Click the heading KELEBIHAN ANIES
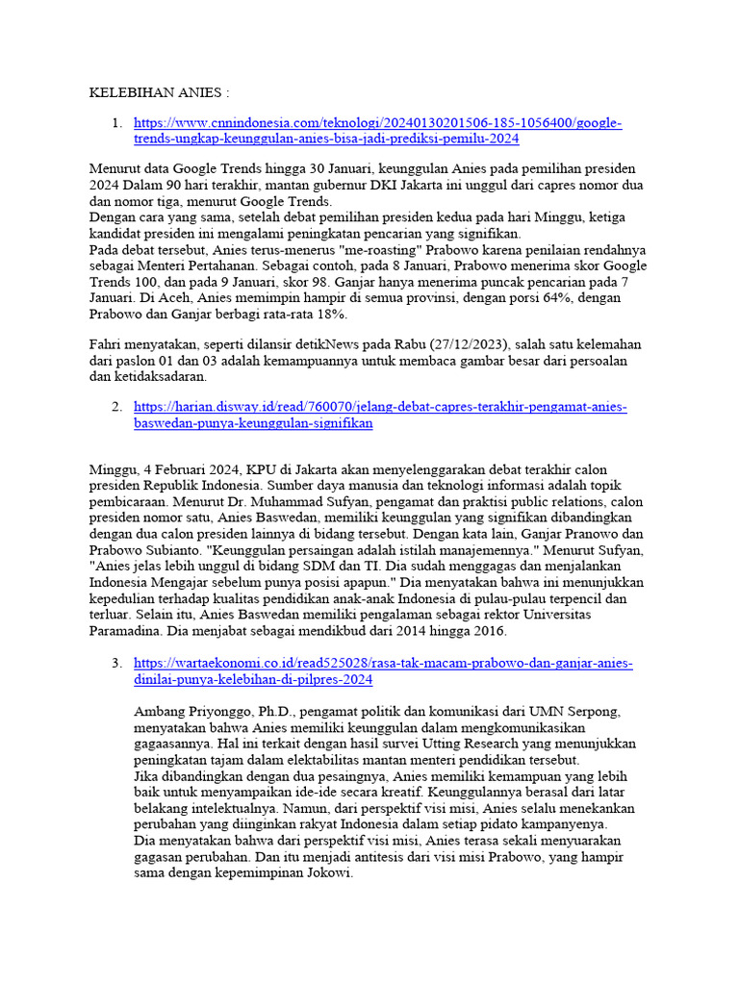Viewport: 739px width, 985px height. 160,94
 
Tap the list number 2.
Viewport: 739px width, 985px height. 116,408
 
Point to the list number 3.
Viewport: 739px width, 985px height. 116,664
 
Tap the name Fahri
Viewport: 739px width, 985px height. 106,343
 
